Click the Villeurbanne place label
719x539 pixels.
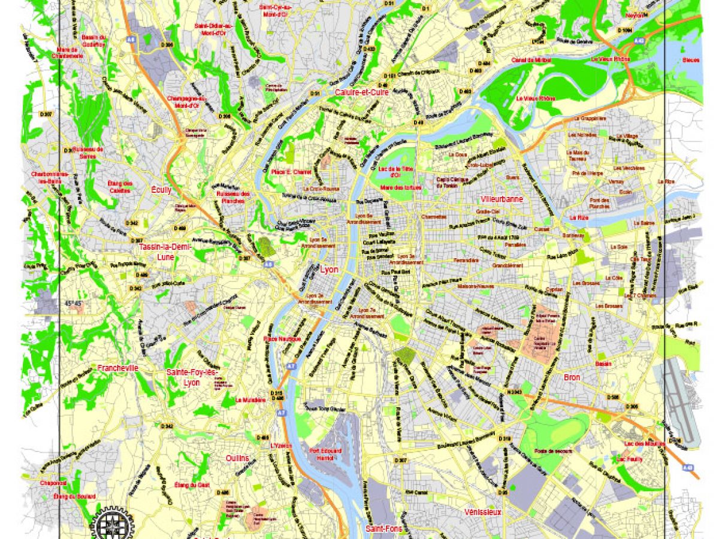click(502, 199)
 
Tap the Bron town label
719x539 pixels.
click(572, 377)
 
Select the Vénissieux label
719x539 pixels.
click(482, 512)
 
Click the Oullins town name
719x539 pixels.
click(237, 459)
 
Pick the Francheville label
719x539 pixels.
click(118, 368)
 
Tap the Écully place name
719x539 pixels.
click(161, 190)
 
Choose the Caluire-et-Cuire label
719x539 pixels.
click(362, 93)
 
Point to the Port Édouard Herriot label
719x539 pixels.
click(325, 454)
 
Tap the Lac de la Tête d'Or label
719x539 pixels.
click(398, 172)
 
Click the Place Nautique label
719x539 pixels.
click(280, 339)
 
